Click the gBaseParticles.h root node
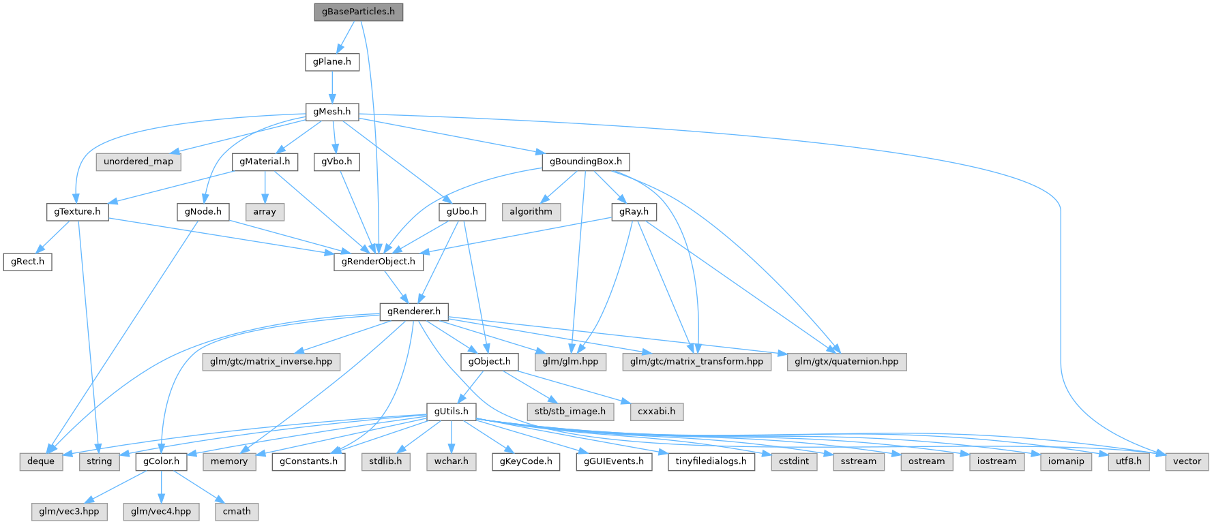point(358,12)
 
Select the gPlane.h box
point(331,62)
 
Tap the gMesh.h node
point(331,112)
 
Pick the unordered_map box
point(138,161)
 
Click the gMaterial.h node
point(265,161)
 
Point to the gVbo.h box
point(337,161)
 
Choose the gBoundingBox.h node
point(585,161)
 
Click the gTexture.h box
point(77,212)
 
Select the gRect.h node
point(27,262)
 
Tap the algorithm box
point(531,212)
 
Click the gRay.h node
point(634,212)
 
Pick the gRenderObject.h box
point(379,262)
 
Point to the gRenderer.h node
point(414,311)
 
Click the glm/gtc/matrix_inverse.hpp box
point(271,362)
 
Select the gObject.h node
point(490,362)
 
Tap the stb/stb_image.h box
point(570,412)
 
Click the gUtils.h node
point(451,412)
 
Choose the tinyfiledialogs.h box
point(711,461)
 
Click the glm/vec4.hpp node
point(161,511)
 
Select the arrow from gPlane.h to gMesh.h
point(331,87)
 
